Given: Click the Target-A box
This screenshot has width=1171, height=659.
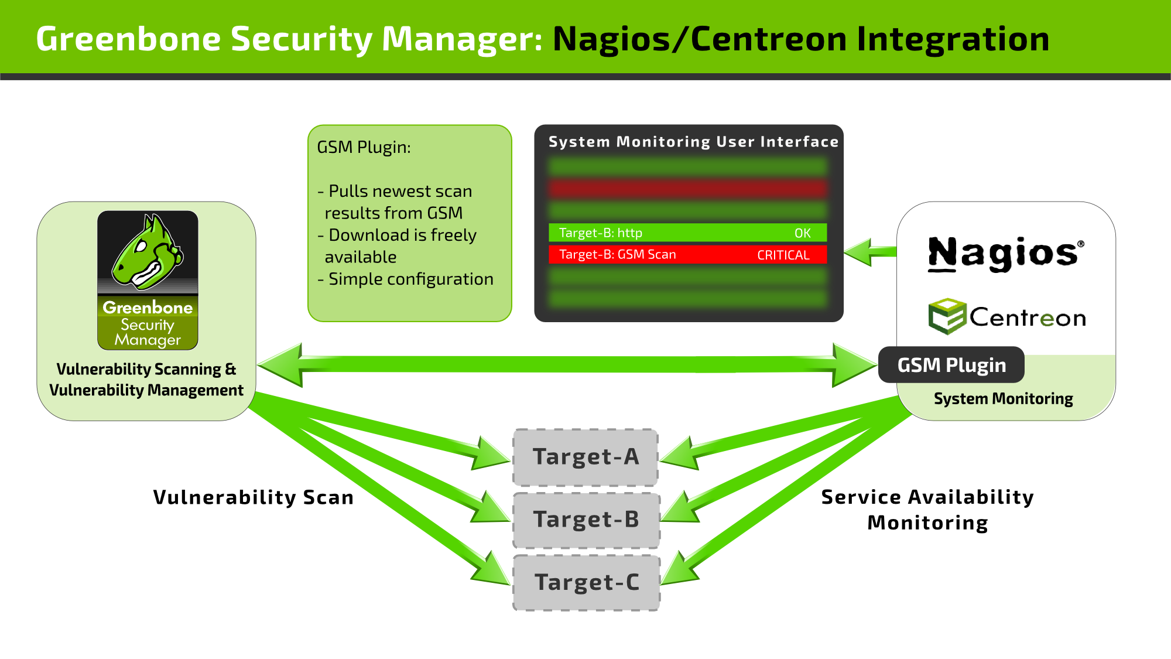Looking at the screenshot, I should click(x=585, y=457).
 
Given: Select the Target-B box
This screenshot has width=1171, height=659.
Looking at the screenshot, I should click(x=586, y=520).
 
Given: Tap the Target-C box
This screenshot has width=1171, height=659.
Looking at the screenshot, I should click(x=586, y=582).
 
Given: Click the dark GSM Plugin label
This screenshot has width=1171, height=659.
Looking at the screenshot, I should click(x=951, y=365).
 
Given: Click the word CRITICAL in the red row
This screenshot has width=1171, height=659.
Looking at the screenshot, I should click(x=783, y=255).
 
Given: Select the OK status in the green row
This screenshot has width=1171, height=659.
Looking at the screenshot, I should click(x=802, y=233).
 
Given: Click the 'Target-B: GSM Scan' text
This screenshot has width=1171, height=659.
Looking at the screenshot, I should click(x=617, y=255).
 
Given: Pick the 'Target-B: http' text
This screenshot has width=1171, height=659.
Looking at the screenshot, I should click(x=600, y=233).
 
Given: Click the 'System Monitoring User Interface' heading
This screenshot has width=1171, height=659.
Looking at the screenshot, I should click(x=693, y=142).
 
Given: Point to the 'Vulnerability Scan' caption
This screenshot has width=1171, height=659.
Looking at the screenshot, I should click(x=253, y=497).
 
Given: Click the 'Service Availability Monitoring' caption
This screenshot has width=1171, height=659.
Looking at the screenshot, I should click(x=927, y=509).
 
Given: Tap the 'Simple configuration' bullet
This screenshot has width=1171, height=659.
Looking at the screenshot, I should click(x=410, y=279).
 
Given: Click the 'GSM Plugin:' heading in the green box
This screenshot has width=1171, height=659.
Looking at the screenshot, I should click(x=364, y=147).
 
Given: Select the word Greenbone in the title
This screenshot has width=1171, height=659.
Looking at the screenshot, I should click(x=128, y=39).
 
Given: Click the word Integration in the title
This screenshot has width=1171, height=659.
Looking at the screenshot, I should click(x=953, y=39).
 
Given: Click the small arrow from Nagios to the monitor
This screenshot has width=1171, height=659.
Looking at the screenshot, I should click(x=870, y=252).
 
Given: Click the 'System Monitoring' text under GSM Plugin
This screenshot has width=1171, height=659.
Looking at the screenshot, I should click(x=1003, y=399).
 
